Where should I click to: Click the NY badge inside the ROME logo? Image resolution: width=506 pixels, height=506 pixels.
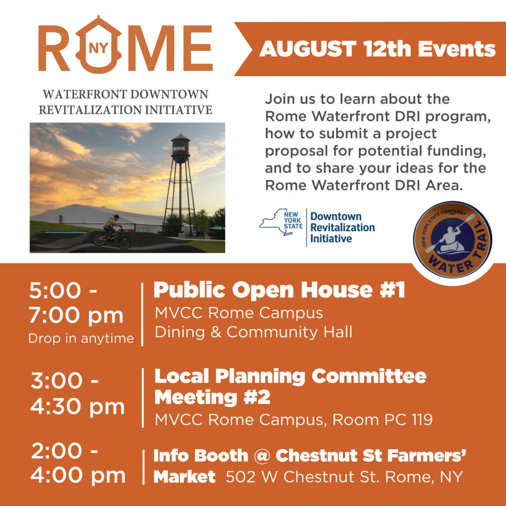(98, 48)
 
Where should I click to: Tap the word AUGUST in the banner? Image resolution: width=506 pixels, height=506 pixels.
(307, 49)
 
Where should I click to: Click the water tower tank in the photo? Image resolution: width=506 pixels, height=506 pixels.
(180, 148)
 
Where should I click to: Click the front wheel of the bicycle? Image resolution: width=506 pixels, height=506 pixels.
(124, 242)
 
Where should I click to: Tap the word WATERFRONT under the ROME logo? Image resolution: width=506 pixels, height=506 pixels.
(84, 94)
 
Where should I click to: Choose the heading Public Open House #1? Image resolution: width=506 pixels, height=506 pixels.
(279, 290)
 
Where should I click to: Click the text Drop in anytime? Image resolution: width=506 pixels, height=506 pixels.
(81, 338)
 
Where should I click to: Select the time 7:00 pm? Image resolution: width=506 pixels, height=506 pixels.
(76, 315)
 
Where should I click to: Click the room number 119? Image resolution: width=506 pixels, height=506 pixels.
(422, 420)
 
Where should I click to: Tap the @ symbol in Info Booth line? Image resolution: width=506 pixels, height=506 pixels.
(262, 456)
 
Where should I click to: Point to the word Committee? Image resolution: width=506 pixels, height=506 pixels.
(369, 376)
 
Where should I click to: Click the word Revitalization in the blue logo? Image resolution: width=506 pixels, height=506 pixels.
(342, 227)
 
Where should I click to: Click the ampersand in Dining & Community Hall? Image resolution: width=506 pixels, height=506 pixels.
(215, 333)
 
